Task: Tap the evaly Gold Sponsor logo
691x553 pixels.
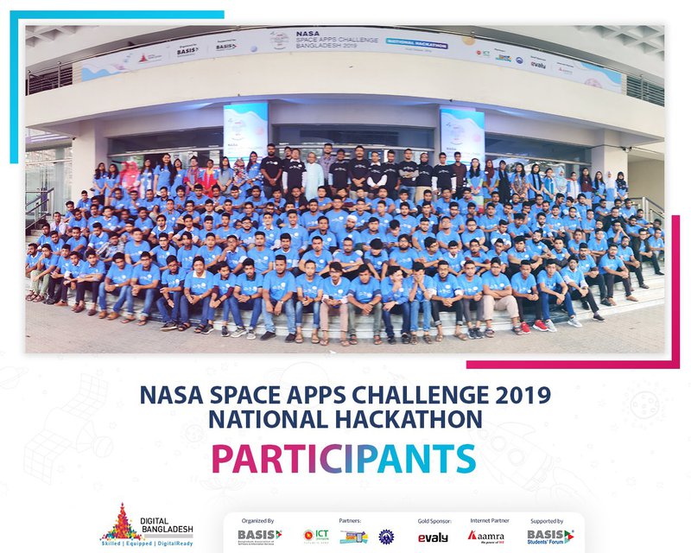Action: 433,537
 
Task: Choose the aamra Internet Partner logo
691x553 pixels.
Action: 486,536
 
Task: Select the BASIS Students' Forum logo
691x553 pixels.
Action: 548,536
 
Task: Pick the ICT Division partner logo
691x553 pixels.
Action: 315,536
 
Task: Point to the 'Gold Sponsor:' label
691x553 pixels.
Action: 433,521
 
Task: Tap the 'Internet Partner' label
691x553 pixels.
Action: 487,521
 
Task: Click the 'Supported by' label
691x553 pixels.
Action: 548,521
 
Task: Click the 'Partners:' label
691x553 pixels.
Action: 350,521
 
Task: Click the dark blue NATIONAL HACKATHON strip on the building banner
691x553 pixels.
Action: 416,44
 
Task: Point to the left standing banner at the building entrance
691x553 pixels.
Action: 245,130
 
